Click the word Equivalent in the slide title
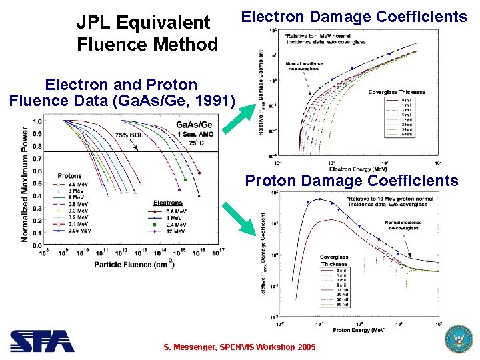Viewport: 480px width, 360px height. (163, 23)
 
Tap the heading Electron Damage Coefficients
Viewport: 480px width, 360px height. (354, 17)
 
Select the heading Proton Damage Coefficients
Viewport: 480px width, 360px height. (351, 181)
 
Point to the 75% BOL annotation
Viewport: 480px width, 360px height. (128, 135)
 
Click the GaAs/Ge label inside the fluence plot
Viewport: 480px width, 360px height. (194, 125)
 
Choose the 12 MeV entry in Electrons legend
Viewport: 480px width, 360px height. (173, 231)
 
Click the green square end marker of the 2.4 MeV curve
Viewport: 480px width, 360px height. (185, 180)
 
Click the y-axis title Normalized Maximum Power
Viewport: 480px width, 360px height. (25, 184)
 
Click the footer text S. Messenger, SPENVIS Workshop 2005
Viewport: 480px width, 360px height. (240, 348)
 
